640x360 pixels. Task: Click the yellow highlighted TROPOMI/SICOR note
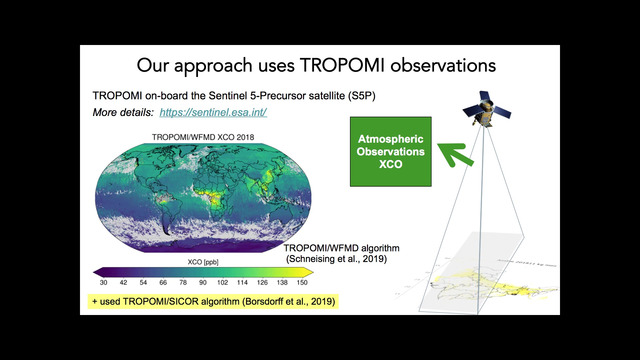click(x=213, y=300)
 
